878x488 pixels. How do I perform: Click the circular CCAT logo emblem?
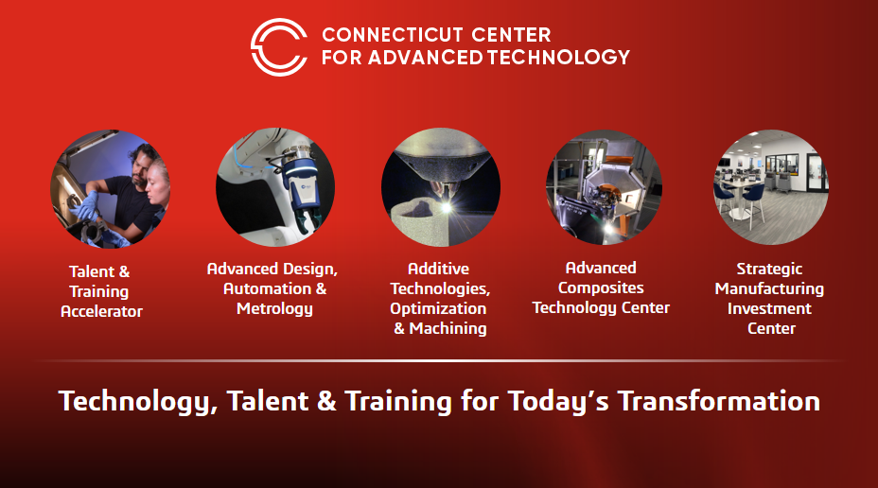point(279,47)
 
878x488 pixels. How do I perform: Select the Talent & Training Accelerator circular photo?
point(110,188)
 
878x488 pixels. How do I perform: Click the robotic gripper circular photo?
point(275,187)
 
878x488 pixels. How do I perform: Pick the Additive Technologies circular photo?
point(441,187)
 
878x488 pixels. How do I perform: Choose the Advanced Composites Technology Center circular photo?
point(605,187)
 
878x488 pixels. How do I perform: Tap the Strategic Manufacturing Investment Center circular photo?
point(771,187)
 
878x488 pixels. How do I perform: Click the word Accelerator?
point(101,311)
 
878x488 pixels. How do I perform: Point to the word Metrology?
point(274,309)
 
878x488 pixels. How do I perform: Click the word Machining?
point(448,328)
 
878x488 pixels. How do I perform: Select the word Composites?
point(601,288)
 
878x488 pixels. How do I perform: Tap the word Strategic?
point(769,270)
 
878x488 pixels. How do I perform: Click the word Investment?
point(769,308)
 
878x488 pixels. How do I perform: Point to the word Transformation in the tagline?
point(719,401)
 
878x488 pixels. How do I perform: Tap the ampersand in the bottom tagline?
point(326,402)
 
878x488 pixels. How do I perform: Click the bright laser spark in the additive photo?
point(447,208)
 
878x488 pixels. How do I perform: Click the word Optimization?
point(438,309)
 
